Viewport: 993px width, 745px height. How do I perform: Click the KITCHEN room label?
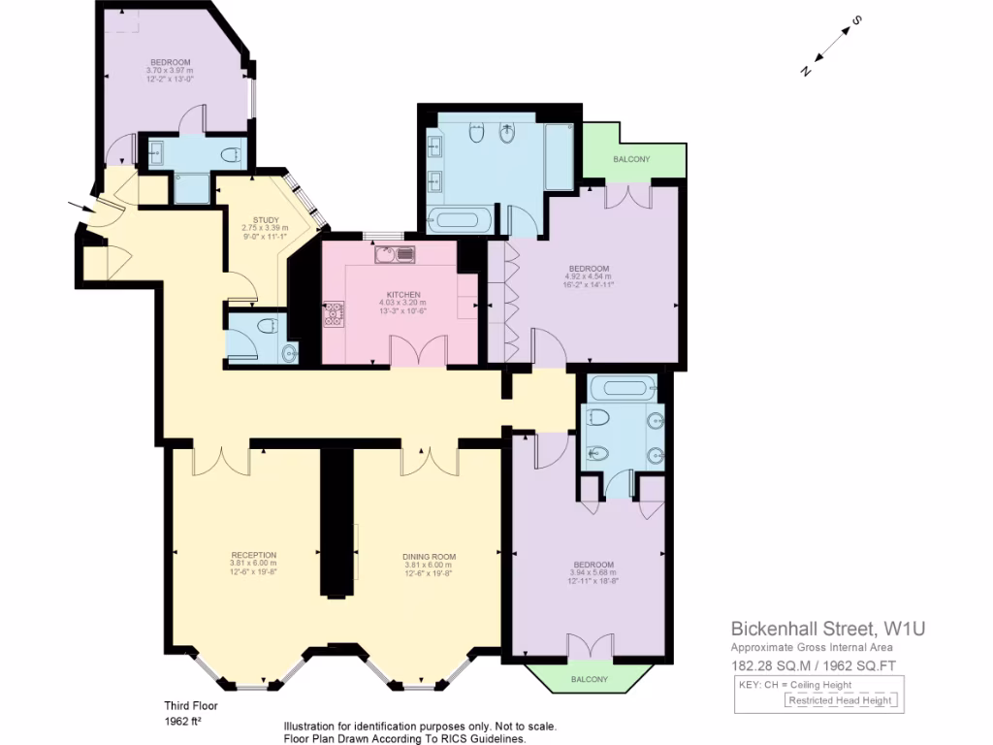[402, 293]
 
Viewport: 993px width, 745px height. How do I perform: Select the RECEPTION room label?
[253, 555]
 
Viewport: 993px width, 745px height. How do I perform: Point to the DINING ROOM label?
[429, 556]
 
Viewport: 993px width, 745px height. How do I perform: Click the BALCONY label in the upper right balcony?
[631, 159]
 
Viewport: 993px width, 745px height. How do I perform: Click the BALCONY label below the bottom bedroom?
[590, 679]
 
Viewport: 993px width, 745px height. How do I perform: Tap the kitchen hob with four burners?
[335, 315]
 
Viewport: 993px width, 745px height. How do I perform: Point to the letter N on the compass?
[806, 69]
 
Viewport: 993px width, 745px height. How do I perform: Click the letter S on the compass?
[856, 19]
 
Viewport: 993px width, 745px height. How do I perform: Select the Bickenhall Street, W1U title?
[827, 628]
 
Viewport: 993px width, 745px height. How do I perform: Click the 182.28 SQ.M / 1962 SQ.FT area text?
[814, 665]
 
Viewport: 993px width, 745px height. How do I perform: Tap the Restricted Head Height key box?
[841, 699]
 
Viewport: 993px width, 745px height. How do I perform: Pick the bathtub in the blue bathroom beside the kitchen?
[460, 219]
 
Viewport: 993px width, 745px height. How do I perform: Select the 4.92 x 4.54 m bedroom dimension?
[589, 276]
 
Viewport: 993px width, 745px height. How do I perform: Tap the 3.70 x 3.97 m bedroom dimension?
[170, 70]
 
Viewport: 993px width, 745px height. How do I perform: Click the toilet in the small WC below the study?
[268, 326]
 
